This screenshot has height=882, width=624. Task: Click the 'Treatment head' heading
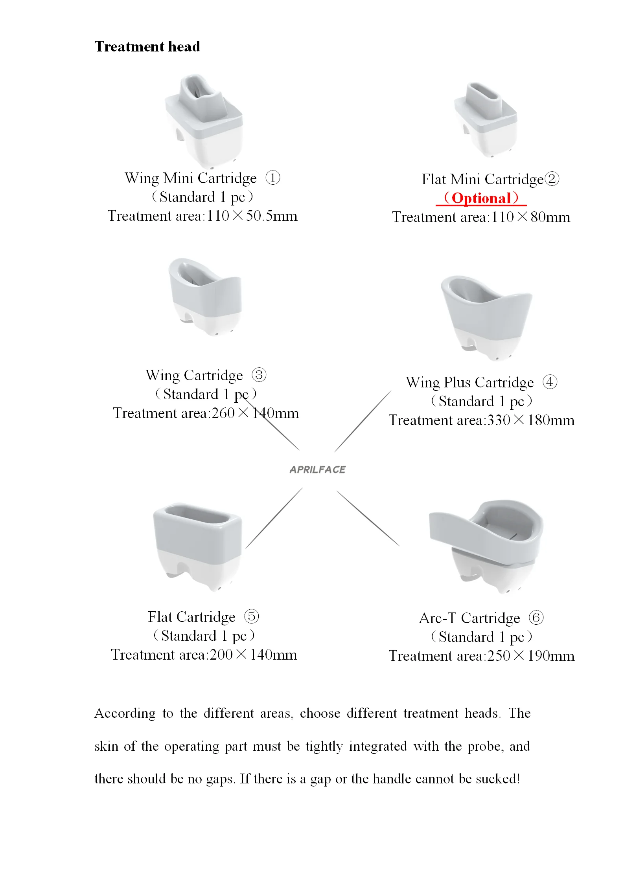click(x=147, y=47)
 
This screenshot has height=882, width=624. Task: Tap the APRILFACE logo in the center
click(x=317, y=469)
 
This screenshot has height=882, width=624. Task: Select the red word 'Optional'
click(x=481, y=198)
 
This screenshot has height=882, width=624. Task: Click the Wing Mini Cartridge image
click(x=204, y=120)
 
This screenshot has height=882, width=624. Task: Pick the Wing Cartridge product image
click(x=205, y=297)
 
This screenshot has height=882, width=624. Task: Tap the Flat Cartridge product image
click(x=197, y=546)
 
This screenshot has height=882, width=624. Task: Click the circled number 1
click(x=273, y=178)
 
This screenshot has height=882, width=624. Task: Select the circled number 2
click(x=552, y=179)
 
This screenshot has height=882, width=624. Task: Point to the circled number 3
click(x=259, y=375)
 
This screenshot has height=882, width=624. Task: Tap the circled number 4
click(x=550, y=382)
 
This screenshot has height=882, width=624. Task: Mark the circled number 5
click(x=252, y=616)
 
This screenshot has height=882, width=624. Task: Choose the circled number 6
click(x=536, y=618)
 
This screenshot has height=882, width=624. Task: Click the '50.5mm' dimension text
click(x=272, y=216)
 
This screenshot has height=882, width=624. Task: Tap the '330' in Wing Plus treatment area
click(x=499, y=420)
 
